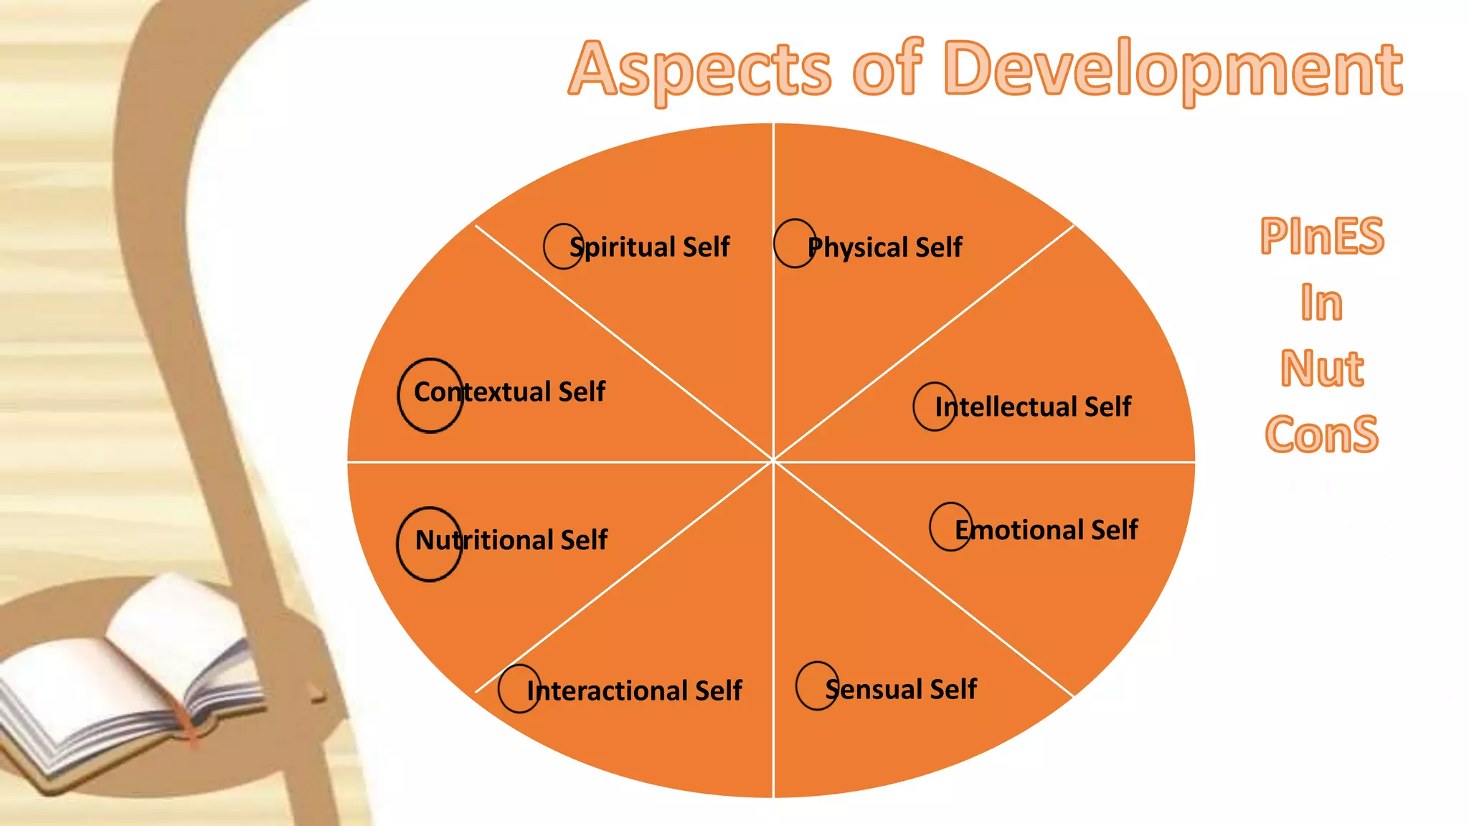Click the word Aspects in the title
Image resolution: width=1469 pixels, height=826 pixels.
(699, 70)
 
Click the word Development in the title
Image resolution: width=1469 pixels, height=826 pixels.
(1173, 70)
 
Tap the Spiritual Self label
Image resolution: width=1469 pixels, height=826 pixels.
(649, 247)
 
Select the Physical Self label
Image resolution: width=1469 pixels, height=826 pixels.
(884, 247)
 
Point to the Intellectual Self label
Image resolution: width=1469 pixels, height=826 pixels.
(1033, 407)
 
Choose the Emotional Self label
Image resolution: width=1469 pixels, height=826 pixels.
(1046, 530)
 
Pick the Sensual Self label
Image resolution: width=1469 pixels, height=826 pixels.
(901, 689)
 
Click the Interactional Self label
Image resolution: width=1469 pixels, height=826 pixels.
(634, 690)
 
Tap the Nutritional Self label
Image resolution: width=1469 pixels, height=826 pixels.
(511, 540)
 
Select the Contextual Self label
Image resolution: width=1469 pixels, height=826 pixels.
(509, 392)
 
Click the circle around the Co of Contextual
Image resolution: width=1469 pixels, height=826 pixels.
(430, 395)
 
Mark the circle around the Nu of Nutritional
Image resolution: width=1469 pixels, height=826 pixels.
(429, 544)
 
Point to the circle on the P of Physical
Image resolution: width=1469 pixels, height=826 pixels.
(794, 243)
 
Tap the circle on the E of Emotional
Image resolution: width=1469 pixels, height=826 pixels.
(950, 526)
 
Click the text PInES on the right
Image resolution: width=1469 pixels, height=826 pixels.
(1321, 236)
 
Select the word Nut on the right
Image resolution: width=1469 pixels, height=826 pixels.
(1321, 369)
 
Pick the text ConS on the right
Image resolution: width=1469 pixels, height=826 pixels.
(1321, 434)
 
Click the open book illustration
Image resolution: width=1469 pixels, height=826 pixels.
(129, 681)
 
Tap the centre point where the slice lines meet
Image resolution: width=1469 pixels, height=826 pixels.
(773, 461)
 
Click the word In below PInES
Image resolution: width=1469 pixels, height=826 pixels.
(1321, 303)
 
